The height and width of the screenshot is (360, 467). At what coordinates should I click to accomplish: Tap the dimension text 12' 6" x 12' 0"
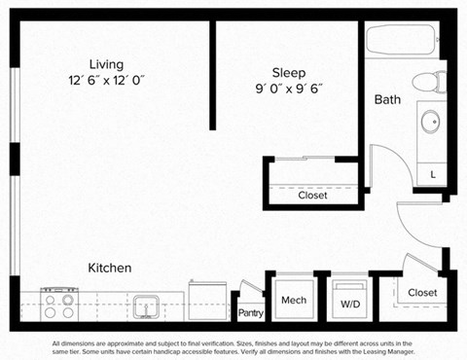coord(106,81)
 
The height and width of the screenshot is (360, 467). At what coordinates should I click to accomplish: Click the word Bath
coord(387,99)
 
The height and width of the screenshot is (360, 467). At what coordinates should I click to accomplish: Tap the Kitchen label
coord(110,268)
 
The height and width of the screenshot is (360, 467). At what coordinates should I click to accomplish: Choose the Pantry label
coord(251,313)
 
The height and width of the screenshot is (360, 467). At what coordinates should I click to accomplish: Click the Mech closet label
coord(294,301)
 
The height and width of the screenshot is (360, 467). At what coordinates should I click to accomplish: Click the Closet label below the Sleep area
coord(312,196)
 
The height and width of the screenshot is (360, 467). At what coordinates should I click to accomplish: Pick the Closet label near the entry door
coord(422,292)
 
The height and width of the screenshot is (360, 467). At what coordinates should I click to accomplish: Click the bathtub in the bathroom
coord(402,43)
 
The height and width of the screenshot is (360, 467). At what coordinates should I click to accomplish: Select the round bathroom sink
coord(429,123)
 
